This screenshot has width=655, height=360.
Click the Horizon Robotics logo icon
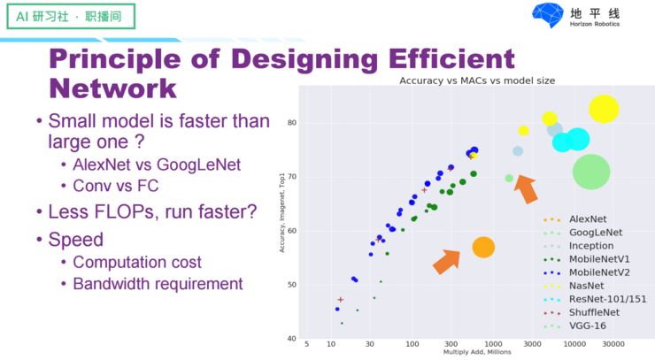(547, 15)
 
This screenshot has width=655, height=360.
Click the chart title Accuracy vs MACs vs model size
(477, 80)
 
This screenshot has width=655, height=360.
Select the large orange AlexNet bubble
(482, 248)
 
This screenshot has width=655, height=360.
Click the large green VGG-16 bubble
(591, 172)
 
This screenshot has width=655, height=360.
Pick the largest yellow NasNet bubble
(604, 109)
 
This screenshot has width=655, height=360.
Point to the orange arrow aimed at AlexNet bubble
(447, 260)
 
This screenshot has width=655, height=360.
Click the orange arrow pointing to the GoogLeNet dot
(525, 188)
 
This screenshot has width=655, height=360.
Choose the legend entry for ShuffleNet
(594, 312)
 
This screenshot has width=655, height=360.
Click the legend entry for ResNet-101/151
(607, 299)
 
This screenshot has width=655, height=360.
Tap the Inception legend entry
(590, 246)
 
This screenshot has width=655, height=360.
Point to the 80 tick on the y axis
(290, 123)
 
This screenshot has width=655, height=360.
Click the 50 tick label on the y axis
(290, 285)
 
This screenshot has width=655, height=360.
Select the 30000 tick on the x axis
(614, 344)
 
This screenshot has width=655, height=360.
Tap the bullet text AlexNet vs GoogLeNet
(157, 165)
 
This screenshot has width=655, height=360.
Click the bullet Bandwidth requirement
(158, 284)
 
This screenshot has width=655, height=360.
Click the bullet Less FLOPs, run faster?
(152, 212)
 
